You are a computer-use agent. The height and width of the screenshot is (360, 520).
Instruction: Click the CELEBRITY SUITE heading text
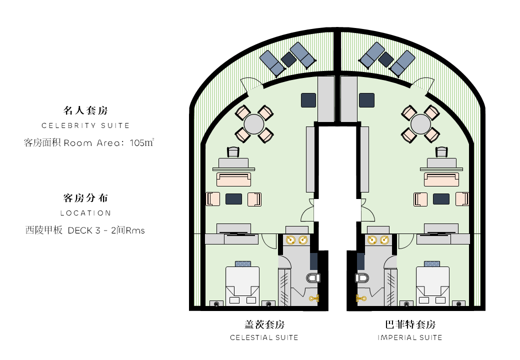pos(85,125)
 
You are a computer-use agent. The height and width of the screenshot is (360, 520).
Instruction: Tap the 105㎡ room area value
pos(141,142)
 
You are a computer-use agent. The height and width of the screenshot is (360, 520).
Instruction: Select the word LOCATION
pos(85,213)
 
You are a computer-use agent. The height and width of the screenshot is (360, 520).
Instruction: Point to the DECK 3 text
pos(84,230)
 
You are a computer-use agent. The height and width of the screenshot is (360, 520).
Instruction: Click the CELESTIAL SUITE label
pos(264,337)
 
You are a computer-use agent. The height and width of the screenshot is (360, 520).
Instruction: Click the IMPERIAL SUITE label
pos(410,337)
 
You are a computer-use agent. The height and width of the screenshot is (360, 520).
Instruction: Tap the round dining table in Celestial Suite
pos(254,124)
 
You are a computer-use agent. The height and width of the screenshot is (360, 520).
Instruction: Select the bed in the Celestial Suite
pos(242,283)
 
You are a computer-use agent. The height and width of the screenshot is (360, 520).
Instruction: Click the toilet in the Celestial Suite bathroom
pos(313,277)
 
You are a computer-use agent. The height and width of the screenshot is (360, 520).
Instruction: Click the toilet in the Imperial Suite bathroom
pos(361,277)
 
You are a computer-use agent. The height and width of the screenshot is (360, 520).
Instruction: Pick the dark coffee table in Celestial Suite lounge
pos(233,199)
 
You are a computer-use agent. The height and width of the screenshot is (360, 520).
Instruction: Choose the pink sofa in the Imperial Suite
pos(441,179)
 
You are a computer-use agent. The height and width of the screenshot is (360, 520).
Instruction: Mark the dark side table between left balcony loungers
pos(288,59)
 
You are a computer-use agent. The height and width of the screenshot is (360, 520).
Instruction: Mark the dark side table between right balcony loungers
pos(385,59)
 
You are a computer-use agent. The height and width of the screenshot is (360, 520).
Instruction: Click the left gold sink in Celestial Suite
pos(290,240)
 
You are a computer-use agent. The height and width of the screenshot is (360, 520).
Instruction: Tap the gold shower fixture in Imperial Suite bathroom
pos(360,298)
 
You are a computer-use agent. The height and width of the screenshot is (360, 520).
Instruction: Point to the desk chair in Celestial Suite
pos(233,152)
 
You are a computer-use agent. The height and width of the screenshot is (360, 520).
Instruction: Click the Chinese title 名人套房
pos(85,110)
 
